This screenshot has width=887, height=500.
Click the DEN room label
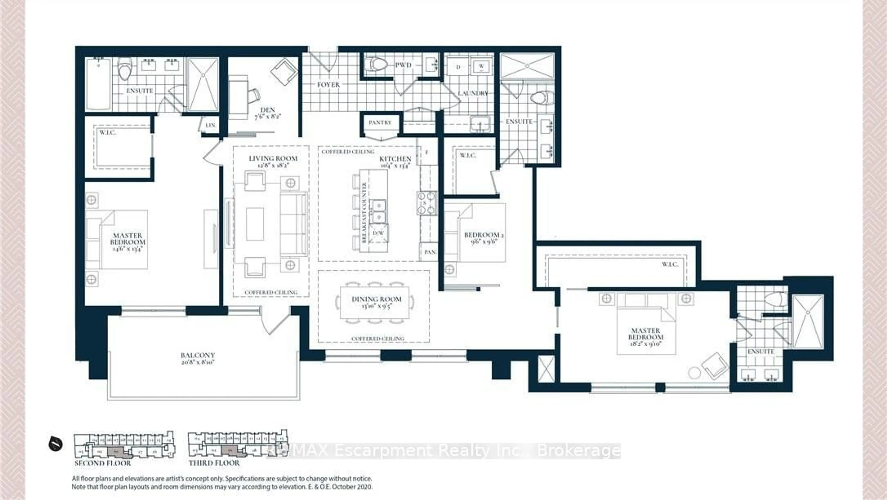(267, 110)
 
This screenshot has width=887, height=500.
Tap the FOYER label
(328, 85)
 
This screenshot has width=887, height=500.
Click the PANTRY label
(380, 122)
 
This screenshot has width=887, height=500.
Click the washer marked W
(481, 66)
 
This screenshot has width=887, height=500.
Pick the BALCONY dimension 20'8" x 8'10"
(198, 362)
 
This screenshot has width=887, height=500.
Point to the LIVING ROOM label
(273, 158)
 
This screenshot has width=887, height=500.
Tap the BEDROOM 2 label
(484, 235)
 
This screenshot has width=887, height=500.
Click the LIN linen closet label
(210, 125)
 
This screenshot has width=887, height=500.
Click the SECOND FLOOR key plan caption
(103, 463)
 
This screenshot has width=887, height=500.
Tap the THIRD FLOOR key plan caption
(214, 463)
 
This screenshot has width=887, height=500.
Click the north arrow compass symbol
(55, 443)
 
